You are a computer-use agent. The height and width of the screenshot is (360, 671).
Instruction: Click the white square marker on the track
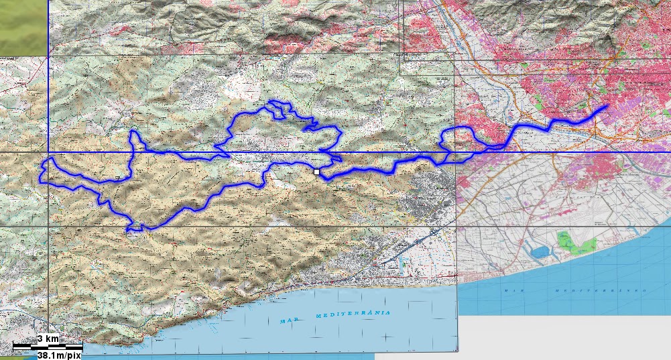click(x=316, y=172)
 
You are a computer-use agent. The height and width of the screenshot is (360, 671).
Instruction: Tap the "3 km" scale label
click(x=48, y=339)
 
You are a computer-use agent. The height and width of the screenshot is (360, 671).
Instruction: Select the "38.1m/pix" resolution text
click(x=59, y=355)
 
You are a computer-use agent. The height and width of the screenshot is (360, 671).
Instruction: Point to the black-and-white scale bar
click(x=48, y=347)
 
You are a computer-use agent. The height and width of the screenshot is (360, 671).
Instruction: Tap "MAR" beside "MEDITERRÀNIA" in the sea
click(x=288, y=320)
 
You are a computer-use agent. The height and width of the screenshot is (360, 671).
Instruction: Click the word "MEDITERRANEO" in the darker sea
click(x=601, y=291)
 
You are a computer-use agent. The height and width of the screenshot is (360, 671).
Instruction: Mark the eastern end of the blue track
click(x=607, y=106)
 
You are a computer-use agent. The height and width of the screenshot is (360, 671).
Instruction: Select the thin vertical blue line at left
click(x=48, y=74)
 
